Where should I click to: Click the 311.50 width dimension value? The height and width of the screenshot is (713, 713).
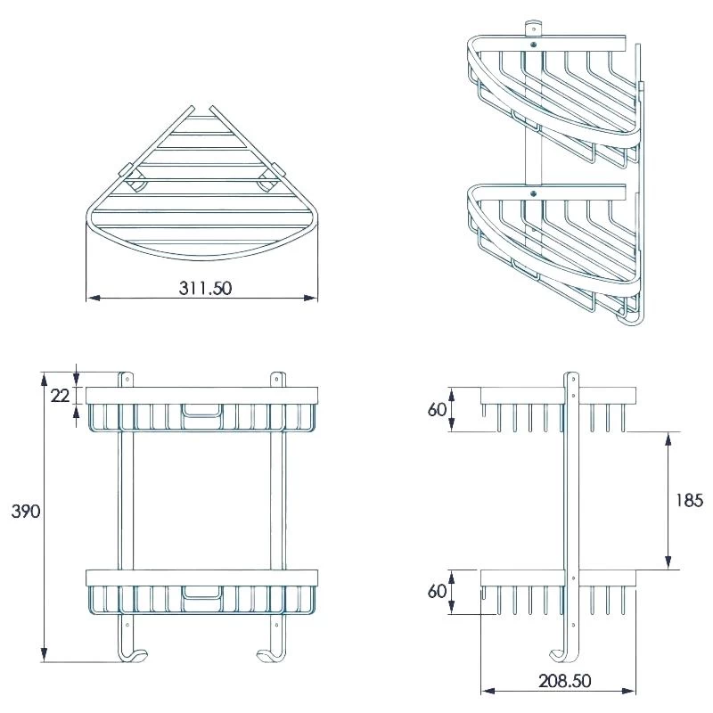pos(201,289)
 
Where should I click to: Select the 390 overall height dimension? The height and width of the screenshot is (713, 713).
pos(26,512)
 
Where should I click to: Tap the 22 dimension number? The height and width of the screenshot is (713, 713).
pos(60,396)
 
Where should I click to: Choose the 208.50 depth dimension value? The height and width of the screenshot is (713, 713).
pos(558,681)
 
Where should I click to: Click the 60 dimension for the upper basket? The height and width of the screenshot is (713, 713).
pos(438,409)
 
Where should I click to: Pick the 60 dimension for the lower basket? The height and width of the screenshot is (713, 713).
pos(438,592)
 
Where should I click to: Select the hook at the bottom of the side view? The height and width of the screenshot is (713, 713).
pos(561,652)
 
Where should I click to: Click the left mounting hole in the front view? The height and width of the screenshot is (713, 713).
pos(126,379)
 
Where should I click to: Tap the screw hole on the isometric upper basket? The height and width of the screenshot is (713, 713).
pos(533,41)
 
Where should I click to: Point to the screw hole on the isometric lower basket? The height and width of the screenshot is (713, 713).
pos(533,191)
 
